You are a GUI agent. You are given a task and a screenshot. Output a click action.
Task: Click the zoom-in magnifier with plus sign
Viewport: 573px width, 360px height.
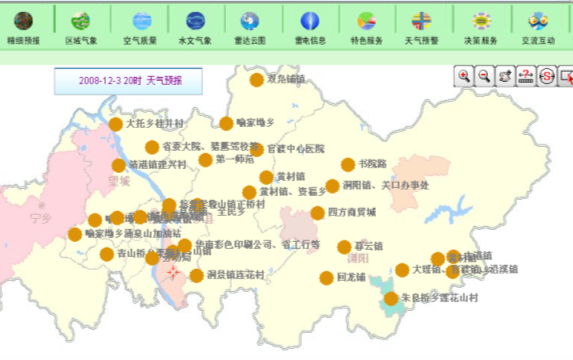coord(464,76)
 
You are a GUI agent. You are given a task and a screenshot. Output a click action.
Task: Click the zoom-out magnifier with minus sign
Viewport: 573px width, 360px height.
coord(484,76)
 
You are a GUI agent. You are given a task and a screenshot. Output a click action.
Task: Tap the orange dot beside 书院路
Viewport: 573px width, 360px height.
coord(348,165)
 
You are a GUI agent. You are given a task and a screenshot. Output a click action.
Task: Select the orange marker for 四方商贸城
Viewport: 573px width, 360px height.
coord(318,213)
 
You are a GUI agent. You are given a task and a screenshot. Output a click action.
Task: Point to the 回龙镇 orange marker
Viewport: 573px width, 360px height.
coord(326,278)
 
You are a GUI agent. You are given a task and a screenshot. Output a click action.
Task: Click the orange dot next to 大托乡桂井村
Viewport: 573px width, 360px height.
coord(116,125)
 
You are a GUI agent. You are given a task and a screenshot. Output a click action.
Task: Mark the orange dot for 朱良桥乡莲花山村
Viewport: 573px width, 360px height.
coord(391,298)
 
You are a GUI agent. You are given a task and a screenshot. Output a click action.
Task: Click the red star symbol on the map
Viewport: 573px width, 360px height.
coord(174,271)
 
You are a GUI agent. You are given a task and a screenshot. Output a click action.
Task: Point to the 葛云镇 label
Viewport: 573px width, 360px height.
coord(367,246)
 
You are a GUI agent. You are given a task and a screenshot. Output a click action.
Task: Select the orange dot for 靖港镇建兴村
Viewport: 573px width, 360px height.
coord(119,166)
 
